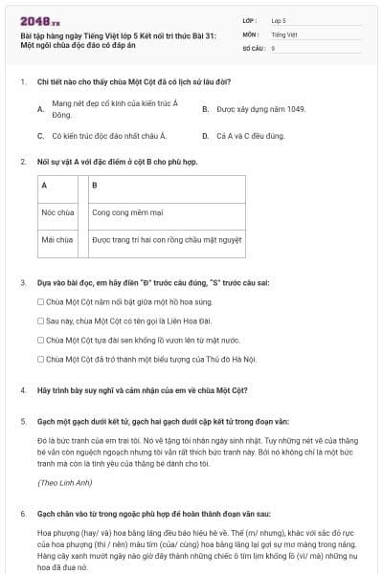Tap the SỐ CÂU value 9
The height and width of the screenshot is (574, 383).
pyautogui.click(x=274, y=47)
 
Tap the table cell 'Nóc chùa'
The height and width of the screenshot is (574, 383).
pyautogui.click(x=58, y=212)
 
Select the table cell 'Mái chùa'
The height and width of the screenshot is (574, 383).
pyautogui.click(x=58, y=239)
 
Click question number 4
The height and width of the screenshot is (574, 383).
pyautogui.click(x=22, y=390)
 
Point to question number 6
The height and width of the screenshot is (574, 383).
pyautogui.click(x=22, y=513)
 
